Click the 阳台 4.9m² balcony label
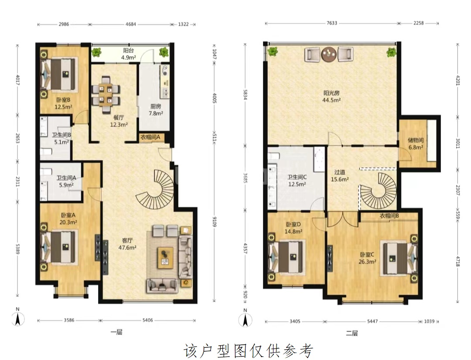tap(129, 54)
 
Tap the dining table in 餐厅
tap(106, 95)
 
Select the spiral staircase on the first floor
tap(156, 189)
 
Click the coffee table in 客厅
tap(166, 257)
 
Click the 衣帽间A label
tap(150, 138)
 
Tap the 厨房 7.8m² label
tap(156, 109)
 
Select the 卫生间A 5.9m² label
tap(66, 181)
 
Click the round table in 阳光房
tap(329, 54)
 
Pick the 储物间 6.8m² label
tap(416, 143)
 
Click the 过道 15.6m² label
tap(340, 176)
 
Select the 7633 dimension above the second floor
tap(332, 23)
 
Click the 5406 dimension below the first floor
tap(148, 320)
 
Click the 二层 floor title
tap(352, 333)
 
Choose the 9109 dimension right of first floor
tap(214, 221)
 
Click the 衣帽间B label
tap(389, 216)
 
